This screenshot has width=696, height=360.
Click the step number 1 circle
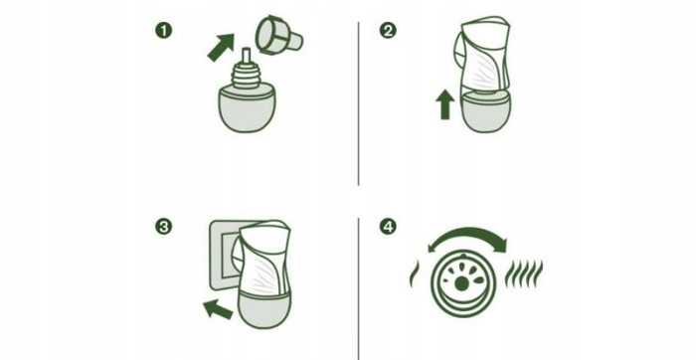(x=163, y=31)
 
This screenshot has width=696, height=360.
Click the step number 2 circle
(x=388, y=31)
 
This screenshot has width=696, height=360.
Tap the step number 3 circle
(x=163, y=227)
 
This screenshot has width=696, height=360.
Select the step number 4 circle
(x=388, y=227)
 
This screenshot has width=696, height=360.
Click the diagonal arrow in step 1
(x=222, y=47)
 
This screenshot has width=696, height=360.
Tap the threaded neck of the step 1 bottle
(x=246, y=76)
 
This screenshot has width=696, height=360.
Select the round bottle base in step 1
(x=247, y=108)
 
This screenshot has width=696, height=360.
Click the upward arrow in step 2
(x=444, y=104)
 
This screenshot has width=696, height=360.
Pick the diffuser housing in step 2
(x=481, y=54)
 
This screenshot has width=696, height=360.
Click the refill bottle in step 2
(x=485, y=111)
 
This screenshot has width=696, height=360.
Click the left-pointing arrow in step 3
(x=218, y=308)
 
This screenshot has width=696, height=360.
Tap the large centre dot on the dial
(x=461, y=284)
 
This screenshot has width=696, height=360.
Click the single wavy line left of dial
(x=414, y=274)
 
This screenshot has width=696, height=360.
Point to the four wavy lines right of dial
(x=524, y=273)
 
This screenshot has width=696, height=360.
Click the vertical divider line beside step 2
(x=358, y=103)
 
